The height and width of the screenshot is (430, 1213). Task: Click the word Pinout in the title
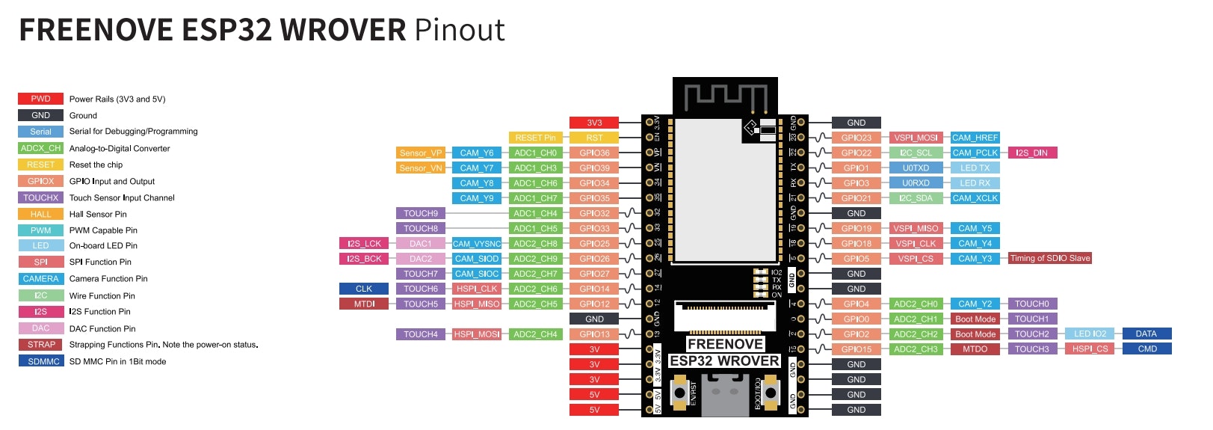(460, 30)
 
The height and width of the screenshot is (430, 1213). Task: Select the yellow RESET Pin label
(535, 138)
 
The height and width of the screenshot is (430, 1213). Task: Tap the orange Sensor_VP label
(421, 153)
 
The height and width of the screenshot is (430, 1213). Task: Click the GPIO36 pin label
(594, 153)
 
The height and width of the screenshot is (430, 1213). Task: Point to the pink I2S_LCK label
(364, 243)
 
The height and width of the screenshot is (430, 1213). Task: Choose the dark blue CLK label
(364, 289)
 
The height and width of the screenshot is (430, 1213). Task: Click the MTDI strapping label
(364, 304)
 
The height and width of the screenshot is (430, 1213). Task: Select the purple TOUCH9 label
(421, 213)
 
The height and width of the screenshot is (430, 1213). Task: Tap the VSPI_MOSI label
(916, 138)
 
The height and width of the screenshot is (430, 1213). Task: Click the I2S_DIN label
(1031, 153)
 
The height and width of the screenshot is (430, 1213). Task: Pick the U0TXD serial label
(916, 168)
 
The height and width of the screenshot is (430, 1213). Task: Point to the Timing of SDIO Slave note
(1049, 258)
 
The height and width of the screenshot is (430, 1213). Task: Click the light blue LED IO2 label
(1090, 334)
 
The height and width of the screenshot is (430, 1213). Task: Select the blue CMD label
(1147, 348)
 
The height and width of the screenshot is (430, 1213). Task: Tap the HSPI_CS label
(1090, 348)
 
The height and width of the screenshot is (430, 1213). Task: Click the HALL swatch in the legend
(40, 214)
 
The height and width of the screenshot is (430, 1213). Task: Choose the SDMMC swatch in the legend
(40, 361)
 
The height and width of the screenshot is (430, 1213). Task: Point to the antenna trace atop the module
(726, 96)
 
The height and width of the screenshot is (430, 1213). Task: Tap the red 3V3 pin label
(594, 123)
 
